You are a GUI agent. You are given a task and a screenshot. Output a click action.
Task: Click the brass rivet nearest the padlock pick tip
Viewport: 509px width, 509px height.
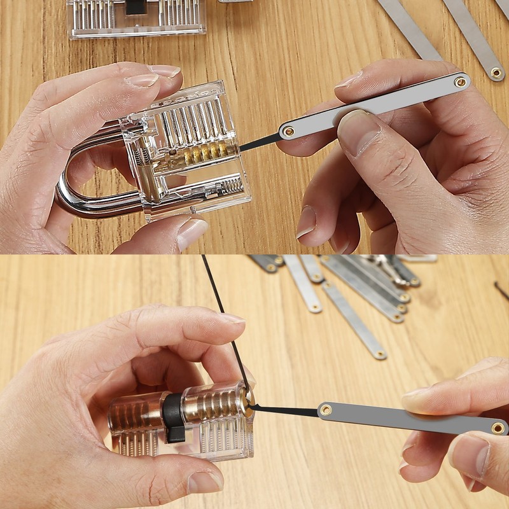[289, 131]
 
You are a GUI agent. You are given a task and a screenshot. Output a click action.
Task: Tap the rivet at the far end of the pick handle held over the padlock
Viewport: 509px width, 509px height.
[459, 81]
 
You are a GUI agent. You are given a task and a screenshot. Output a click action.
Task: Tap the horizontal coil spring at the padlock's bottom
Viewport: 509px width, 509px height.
[231, 186]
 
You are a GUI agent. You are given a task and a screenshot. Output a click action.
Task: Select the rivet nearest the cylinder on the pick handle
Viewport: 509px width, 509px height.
[326, 410]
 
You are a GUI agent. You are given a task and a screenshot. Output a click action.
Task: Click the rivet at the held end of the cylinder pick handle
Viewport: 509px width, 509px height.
[498, 428]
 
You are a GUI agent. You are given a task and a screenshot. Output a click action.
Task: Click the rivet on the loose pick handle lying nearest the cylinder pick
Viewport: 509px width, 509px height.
[380, 353]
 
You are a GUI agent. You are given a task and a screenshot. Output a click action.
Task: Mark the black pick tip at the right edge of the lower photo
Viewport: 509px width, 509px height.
[501, 290]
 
